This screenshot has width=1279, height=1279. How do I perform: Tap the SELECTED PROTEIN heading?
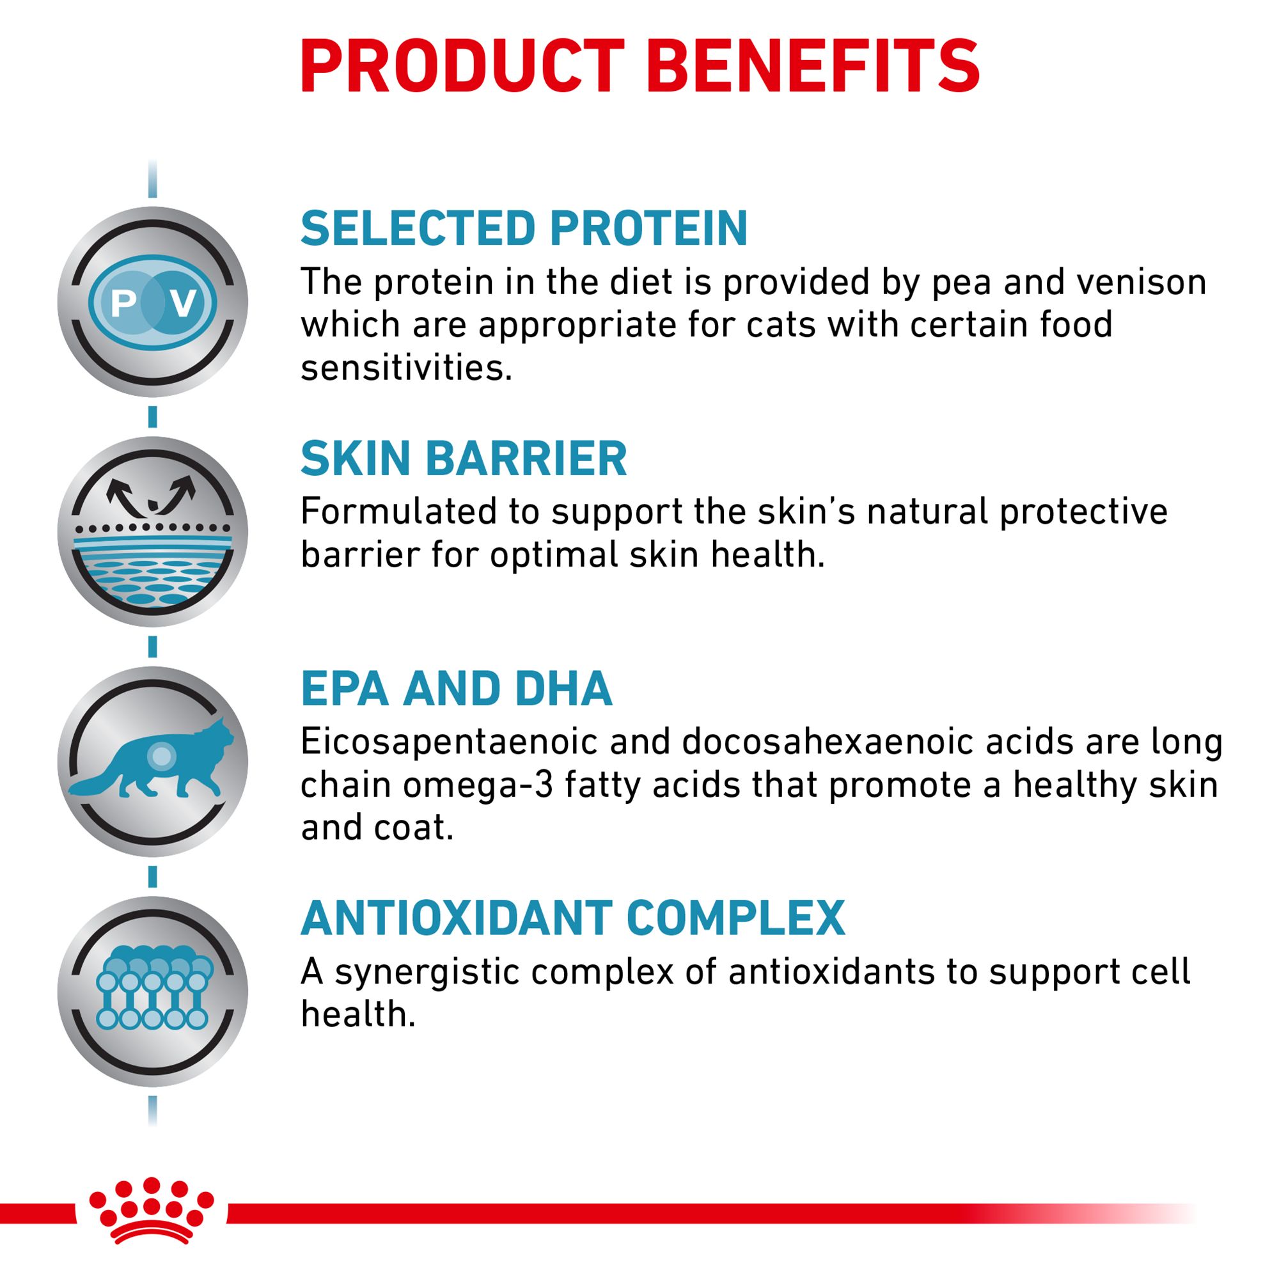524,228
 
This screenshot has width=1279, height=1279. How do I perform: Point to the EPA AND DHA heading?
457,689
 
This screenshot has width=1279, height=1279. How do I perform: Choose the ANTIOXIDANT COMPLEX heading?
572,918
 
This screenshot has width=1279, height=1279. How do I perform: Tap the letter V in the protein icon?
183,303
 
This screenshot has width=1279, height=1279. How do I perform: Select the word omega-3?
477,786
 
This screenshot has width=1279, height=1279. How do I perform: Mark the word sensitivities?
407,368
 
